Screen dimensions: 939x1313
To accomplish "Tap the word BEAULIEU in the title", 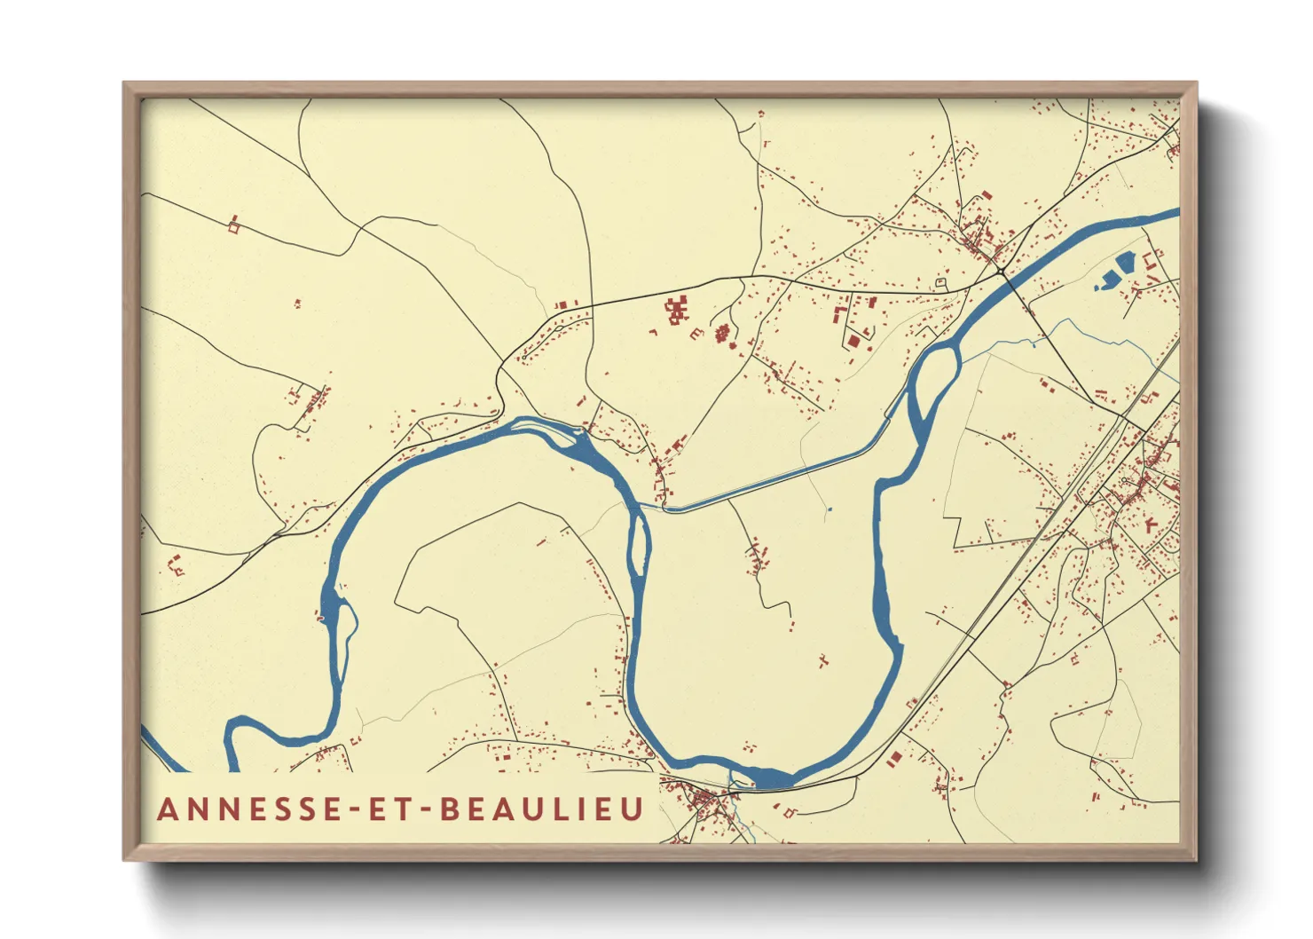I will tap(542, 809).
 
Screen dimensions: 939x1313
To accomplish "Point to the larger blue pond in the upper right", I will tap(1124, 263).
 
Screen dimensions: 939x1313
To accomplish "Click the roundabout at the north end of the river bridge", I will tap(1000, 269).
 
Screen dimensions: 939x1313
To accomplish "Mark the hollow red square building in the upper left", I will tap(234, 227).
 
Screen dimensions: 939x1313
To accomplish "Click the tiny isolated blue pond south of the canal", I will tap(829, 509).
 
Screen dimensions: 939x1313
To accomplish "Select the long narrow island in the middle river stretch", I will tap(638, 542).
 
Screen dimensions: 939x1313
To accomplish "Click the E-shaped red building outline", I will tap(696, 334).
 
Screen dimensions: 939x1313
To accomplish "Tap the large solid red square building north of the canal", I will tap(853, 340).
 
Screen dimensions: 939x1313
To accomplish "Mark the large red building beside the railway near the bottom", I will tap(894, 759).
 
